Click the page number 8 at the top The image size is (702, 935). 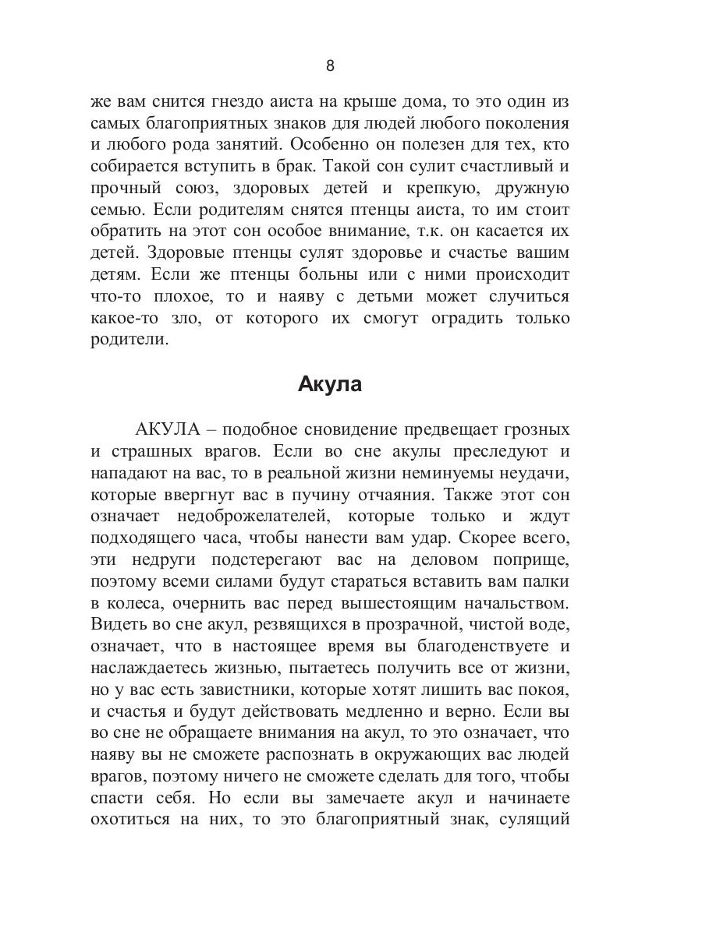(x=330, y=66)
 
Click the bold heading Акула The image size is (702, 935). (x=329, y=385)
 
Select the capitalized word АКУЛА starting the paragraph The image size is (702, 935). (x=168, y=429)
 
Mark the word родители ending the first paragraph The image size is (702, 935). (x=129, y=340)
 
